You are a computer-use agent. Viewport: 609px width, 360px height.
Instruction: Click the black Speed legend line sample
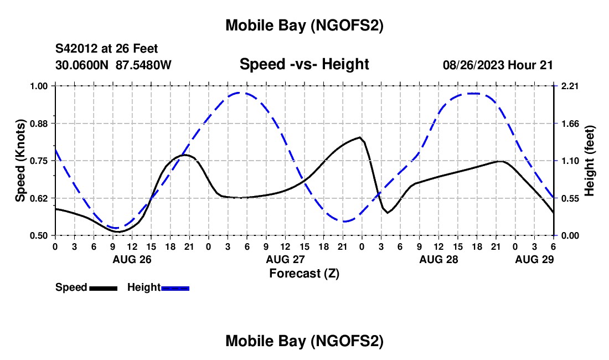coord(103,288)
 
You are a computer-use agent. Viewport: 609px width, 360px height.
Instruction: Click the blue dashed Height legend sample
coord(175,288)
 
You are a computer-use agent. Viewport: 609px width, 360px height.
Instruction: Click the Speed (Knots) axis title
coord(20,161)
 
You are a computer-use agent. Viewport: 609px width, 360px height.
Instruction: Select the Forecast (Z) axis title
coord(304,273)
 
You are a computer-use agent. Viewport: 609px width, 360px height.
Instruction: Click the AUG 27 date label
coord(285,259)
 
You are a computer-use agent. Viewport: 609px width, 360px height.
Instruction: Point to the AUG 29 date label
coord(534,259)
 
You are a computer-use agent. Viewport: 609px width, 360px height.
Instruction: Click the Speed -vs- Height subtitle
coord(304,64)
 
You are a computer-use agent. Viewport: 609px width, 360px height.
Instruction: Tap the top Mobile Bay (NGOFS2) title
coord(304,25)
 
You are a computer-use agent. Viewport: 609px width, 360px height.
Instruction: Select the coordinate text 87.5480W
coord(143,65)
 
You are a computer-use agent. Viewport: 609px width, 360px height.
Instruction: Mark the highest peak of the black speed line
coord(360,137)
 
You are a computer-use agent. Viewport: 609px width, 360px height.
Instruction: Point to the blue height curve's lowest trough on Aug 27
coord(344,222)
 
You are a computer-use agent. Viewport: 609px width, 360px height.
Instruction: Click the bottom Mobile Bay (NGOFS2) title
coord(304,341)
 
